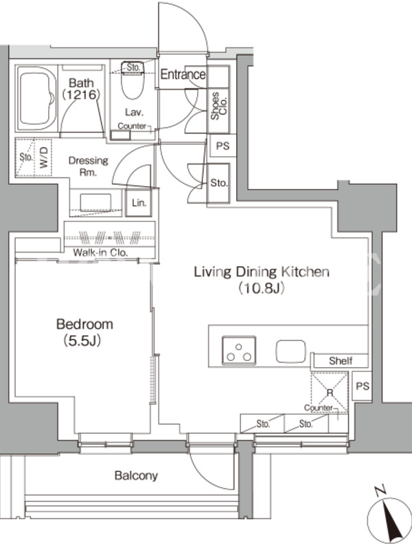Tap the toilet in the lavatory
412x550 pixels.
click(x=133, y=81)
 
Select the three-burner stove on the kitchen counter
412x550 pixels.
click(x=238, y=350)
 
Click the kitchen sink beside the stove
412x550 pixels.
click(x=290, y=351)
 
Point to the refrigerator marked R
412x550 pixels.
click(x=330, y=392)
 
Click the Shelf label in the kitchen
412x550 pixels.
click(x=341, y=360)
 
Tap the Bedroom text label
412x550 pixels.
click(x=84, y=324)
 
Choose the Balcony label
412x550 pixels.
click(x=136, y=476)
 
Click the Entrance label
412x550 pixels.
click(x=183, y=74)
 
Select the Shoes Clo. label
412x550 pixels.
click(x=219, y=106)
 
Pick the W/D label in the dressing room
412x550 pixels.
click(x=43, y=157)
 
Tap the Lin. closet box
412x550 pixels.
click(x=139, y=203)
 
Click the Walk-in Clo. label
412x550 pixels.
click(x=100, y=252)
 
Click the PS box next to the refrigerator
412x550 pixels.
click(x=363, y=386)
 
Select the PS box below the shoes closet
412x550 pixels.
click(x=222, y=146)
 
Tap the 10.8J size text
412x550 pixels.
click(x=261, y=288)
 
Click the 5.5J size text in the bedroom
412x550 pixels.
click(x=82, y=340)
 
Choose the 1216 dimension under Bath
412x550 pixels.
click(x=81, y=95)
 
